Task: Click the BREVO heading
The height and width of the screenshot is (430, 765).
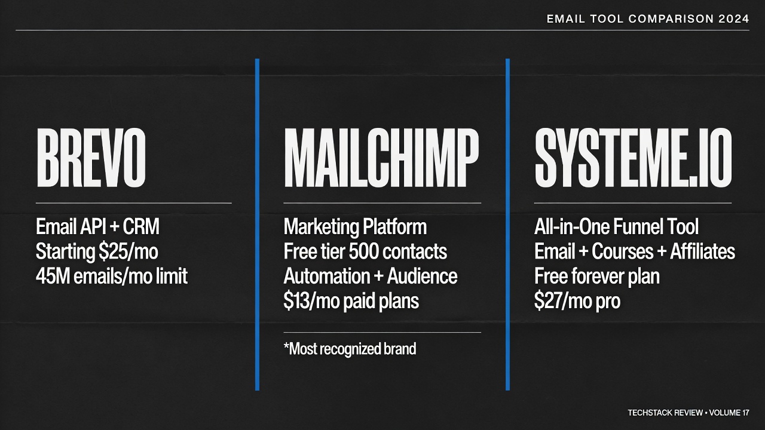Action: [x=91, y=158]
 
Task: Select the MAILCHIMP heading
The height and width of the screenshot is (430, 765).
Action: [x=381, y=158]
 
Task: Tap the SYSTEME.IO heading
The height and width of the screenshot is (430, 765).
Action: [x=633, y=158]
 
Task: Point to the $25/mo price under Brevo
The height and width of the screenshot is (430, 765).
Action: [x=128, y=252]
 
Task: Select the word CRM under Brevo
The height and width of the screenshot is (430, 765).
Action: [x=141, y=226]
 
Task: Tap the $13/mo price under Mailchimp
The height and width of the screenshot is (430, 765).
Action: [x=312, y=301]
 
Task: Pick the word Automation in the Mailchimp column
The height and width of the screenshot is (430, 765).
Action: [x=327, y=276]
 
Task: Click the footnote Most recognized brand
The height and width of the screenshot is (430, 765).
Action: [x=350, y=349]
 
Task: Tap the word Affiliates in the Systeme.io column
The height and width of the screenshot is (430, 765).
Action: [x=702, y=251]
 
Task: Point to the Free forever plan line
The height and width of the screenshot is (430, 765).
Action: [x=597, y=276]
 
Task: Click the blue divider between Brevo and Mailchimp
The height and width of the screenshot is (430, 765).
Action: [x=257, y=225]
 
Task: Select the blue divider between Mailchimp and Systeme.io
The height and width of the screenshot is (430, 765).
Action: [x=507, y=225]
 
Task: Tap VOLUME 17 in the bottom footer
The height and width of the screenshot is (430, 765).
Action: [x=729, y=413]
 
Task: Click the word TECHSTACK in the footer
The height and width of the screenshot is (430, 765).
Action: [x=647, y=413]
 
